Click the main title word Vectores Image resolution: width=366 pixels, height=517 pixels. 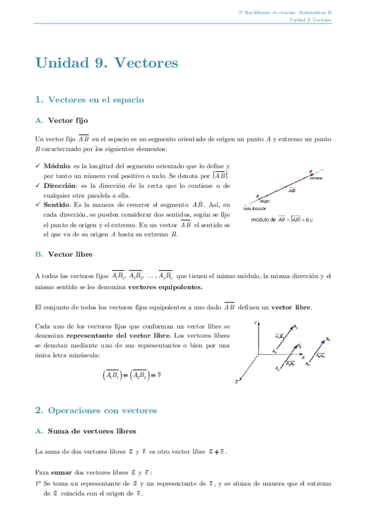pos(145,63)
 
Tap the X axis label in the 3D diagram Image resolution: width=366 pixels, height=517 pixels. pos(303,358)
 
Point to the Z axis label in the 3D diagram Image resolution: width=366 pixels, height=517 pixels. pos(236,382)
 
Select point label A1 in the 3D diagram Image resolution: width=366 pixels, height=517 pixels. pos(274,352)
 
